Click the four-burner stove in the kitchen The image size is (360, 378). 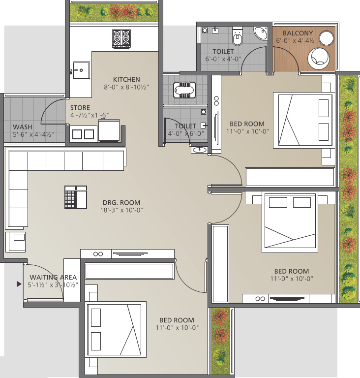click(121, 39)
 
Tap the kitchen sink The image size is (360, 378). click(81, 70)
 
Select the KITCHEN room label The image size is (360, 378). click(126, 79)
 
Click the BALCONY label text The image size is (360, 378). click(298, 33)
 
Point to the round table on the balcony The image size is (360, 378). click(326, 38)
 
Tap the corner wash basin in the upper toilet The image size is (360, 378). click(261, 33)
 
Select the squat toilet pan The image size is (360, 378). click(184, 90)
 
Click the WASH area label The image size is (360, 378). click(23, 127)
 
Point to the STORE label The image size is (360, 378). click(80, 107)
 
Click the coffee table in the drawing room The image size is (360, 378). click(76, 197)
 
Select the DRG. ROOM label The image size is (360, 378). click(121, 202)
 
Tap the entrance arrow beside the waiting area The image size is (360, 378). click(19, 284)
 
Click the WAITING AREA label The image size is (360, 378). click(53, 277)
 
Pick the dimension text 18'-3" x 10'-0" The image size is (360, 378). click(121, 210)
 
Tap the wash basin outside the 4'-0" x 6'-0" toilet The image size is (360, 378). click(200, 150)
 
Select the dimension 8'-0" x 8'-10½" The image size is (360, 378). click(126, 87)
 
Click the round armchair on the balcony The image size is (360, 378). click(318, 59)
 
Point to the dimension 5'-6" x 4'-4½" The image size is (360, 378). click(34, 134)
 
